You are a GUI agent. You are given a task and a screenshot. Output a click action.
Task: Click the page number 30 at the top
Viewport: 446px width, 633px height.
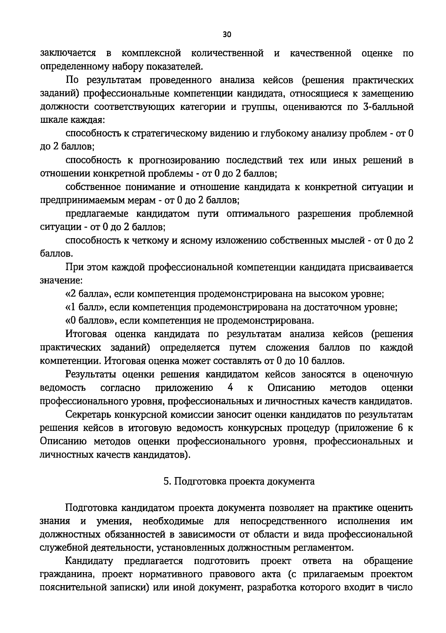(x=227, y=35)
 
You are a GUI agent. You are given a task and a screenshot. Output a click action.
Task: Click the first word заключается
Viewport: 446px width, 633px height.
(x=68, y=53)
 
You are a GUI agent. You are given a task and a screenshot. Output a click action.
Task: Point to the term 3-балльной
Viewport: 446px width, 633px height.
(x=387, y=107)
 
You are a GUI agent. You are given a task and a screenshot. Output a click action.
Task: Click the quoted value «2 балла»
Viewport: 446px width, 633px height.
(x=87, y=294)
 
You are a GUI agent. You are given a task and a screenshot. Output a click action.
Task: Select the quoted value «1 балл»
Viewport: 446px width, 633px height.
(x=85, y=307)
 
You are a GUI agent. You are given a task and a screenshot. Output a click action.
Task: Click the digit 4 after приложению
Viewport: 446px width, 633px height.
(x=230, y=388)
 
